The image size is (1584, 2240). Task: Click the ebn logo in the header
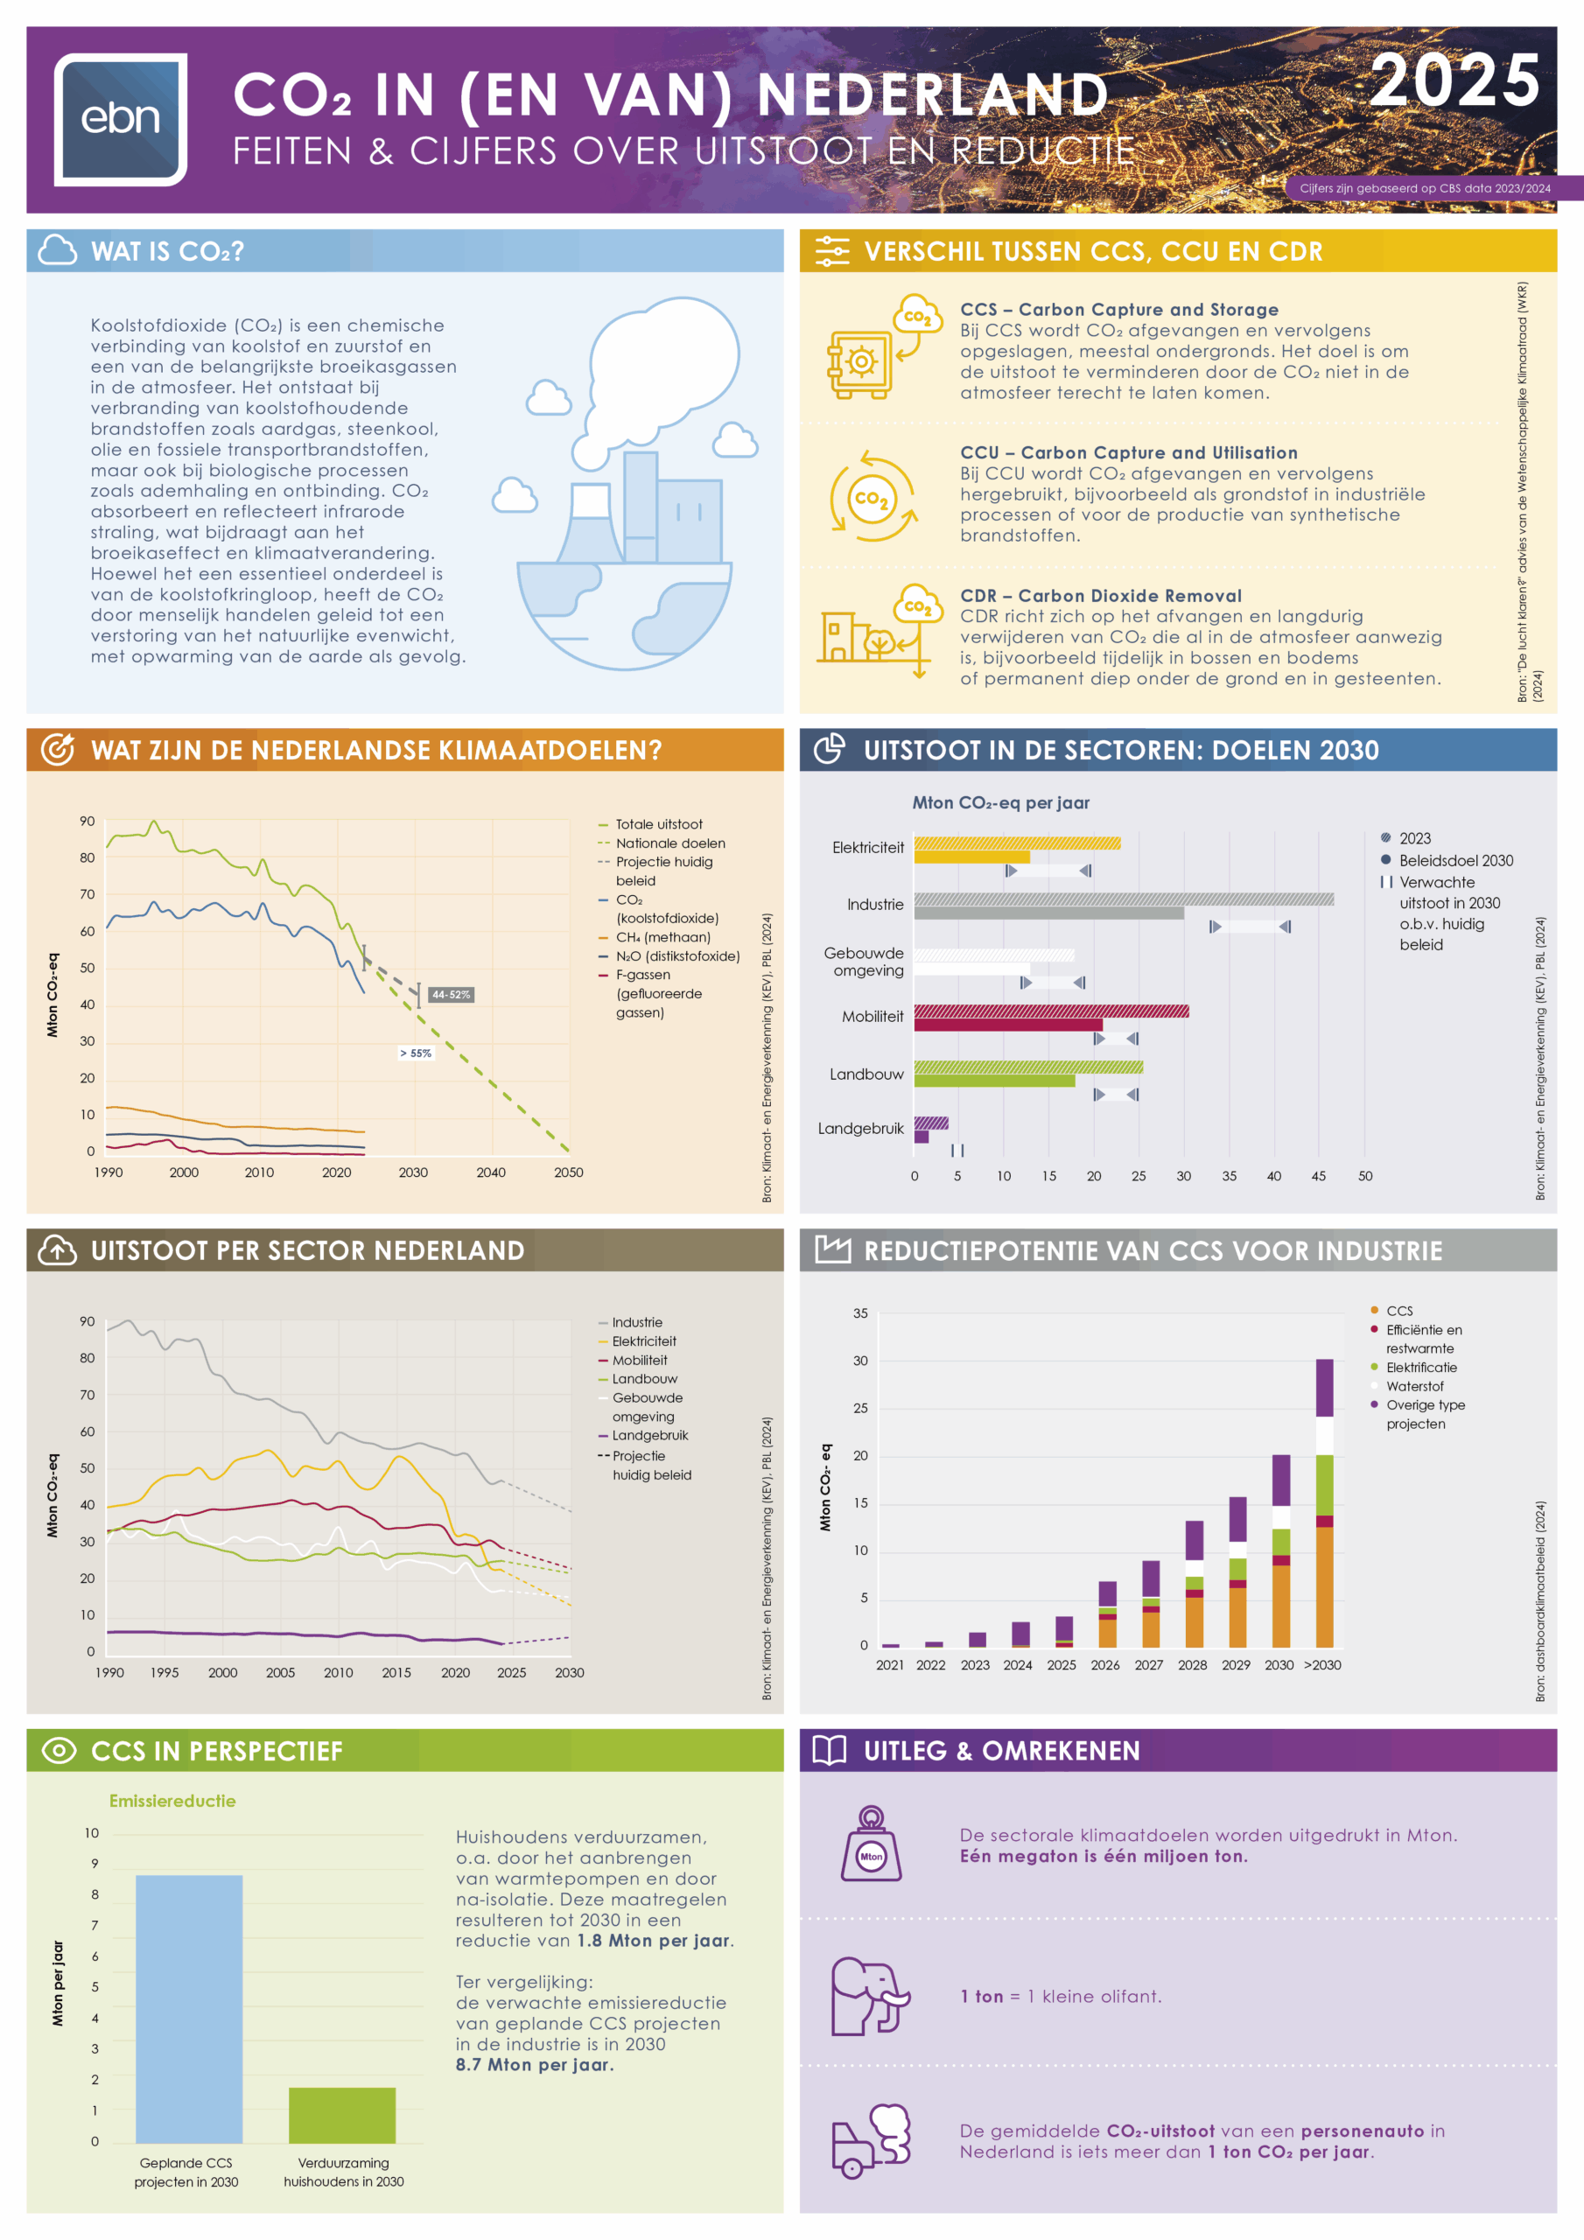[120, 119]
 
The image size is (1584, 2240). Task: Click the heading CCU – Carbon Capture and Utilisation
[1128, 452]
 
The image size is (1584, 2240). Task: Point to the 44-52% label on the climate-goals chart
[451, 994]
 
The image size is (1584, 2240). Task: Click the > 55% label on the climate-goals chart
[415, 1053]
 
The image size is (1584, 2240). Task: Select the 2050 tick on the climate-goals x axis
[568, 1172]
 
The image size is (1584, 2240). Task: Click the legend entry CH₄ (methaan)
[662, 936]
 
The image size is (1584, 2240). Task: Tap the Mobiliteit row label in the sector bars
[873, 1017]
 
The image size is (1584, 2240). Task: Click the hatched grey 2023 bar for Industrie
[1123, 899]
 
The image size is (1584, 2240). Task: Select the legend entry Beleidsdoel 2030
[1455, 860]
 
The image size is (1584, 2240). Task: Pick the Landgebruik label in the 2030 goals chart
[860, 1129]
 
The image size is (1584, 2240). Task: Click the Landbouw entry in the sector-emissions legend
[644, 1378]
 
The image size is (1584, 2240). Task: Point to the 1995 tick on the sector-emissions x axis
[164, 1672]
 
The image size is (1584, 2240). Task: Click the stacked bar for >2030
[1324, 1502]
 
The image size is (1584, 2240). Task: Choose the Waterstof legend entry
[1414, 1386]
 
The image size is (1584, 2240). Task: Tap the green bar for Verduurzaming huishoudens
[341, 2114]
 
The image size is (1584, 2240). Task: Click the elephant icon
[869, 1996]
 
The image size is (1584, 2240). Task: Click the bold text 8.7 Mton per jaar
[534, 2064]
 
